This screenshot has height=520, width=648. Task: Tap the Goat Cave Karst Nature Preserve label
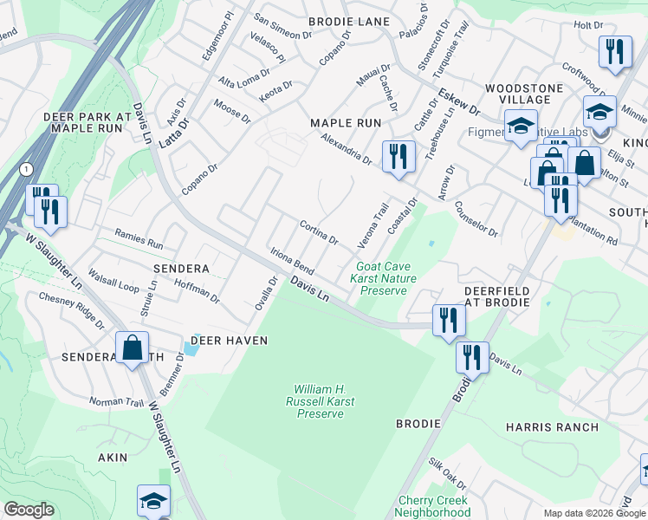[x=383, y=279]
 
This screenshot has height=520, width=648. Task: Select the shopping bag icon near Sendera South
[x=133, y=348]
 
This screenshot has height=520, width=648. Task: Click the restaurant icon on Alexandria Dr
[x=398, y=157]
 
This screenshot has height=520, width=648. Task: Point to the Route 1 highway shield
[x=27, y=167]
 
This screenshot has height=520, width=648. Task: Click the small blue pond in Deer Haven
[x=189, y=349]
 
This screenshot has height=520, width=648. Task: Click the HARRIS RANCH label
[x=553, y=427]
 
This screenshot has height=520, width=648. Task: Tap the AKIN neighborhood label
[x=113, y=457]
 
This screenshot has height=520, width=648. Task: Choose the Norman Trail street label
[x=116, y=401]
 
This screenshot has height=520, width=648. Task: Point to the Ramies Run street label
[x=139, y=239]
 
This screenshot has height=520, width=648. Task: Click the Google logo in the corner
[x=29, y=510]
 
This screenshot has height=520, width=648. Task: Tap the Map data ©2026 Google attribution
[x=593, y=513]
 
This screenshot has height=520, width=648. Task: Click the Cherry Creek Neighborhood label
[x=433, y=507]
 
